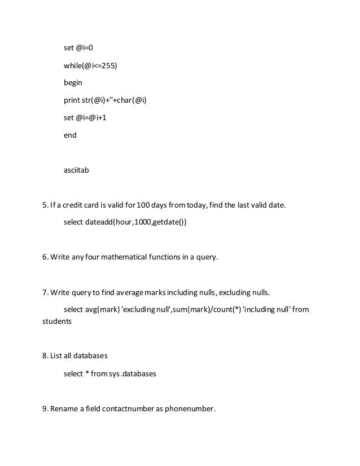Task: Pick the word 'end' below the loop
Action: click(x=70, y=135)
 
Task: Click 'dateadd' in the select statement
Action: click(x=98, y=222)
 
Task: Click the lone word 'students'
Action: click(x=57, y=321)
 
